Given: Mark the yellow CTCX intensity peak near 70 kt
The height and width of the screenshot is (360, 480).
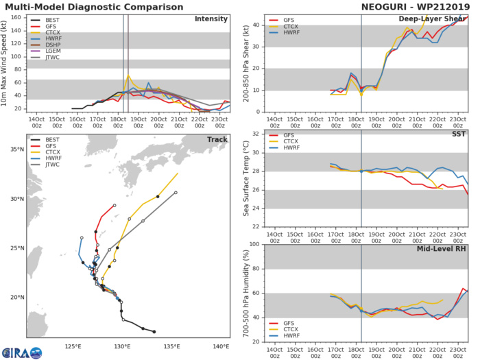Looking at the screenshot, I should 129,75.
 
